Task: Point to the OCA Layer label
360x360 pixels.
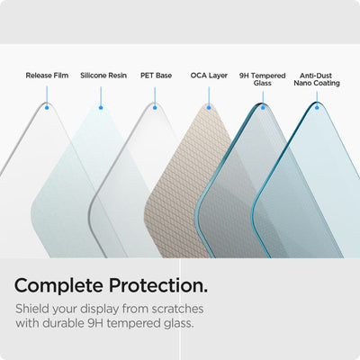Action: pyautogui.click(x=209, y=76)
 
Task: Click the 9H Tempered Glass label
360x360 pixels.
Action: pyautogui.click(x=262, y=79)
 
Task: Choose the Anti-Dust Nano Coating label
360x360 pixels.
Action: pyautogui.click(x=316, y=79)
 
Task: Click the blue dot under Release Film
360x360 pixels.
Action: pyautogui.click(x=46, y=107)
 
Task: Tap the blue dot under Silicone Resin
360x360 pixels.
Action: pyautogui.click(x=100, y=107)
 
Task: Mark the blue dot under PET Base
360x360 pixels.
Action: pyautogui.click(x=155, y=107)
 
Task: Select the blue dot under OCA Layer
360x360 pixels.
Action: pyautogui.click(x=209, y=107)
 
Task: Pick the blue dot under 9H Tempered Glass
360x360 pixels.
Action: pyautogui.click(x=263, y=107)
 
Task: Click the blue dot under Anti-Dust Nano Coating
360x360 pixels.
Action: pyautogui.click(x=317, y=107)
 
